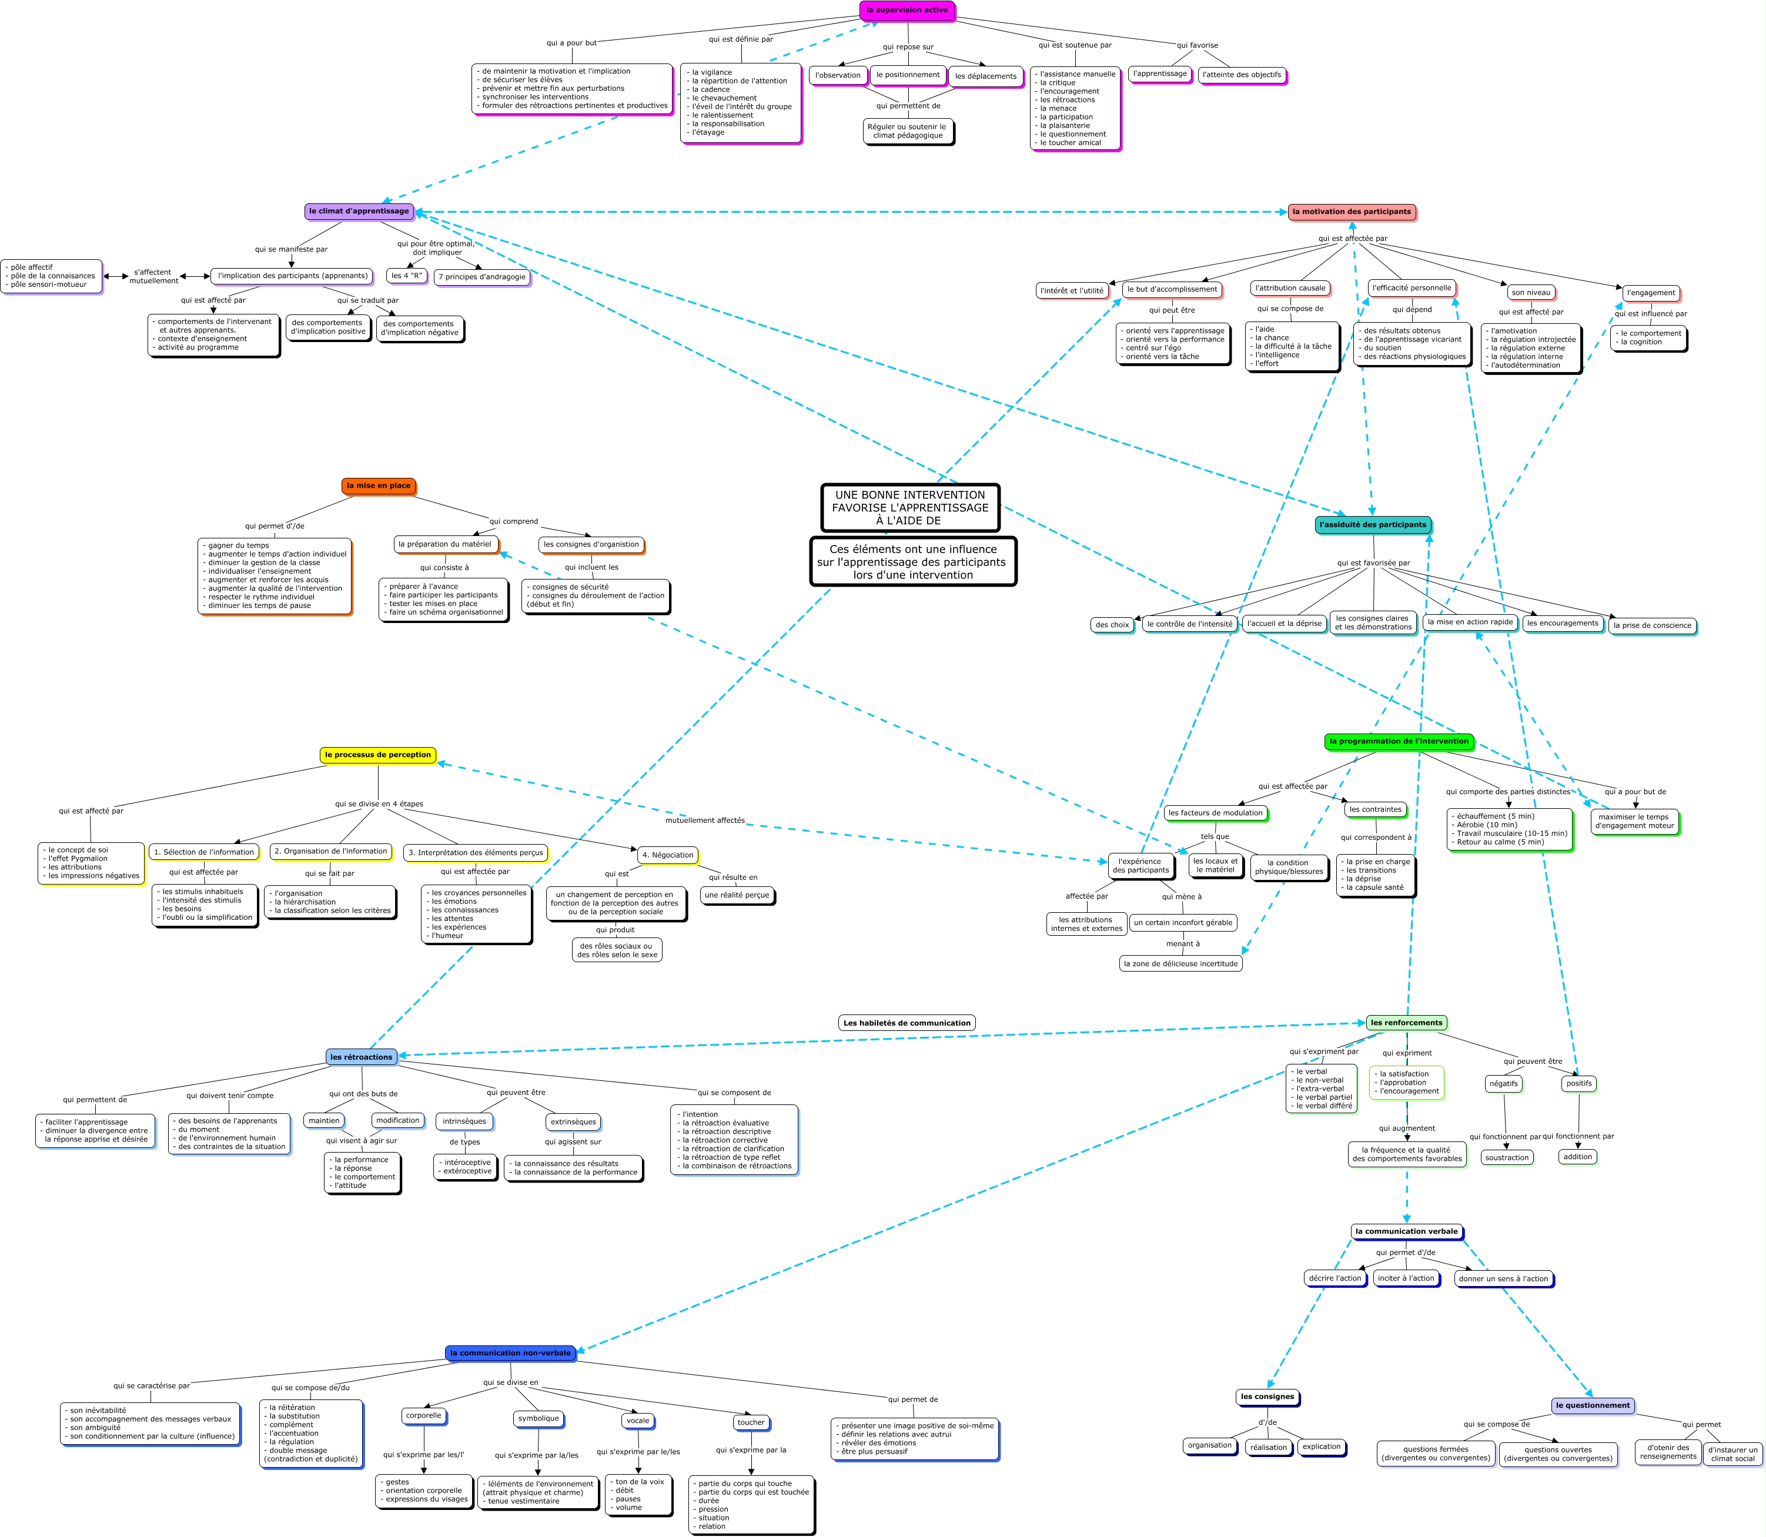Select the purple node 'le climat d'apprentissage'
[359, 211]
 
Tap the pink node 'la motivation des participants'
[1351, 212]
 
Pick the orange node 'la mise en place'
[378, 485]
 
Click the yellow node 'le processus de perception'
[377, 755]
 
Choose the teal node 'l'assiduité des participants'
[1372, 525]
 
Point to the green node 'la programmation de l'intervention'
[1398, 741]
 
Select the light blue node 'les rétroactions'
[361, 1057]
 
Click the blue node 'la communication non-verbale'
[510, 1352]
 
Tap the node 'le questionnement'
[1592, 1405]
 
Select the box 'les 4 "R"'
[407, 276]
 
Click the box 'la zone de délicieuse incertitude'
[1180, 963]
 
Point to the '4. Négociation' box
[667, 855]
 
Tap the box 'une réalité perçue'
[737, 895]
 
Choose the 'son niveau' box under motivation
[1531, 293]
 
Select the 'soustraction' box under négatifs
[1507, 1158]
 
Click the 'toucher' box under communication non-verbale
[751, 1422]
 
